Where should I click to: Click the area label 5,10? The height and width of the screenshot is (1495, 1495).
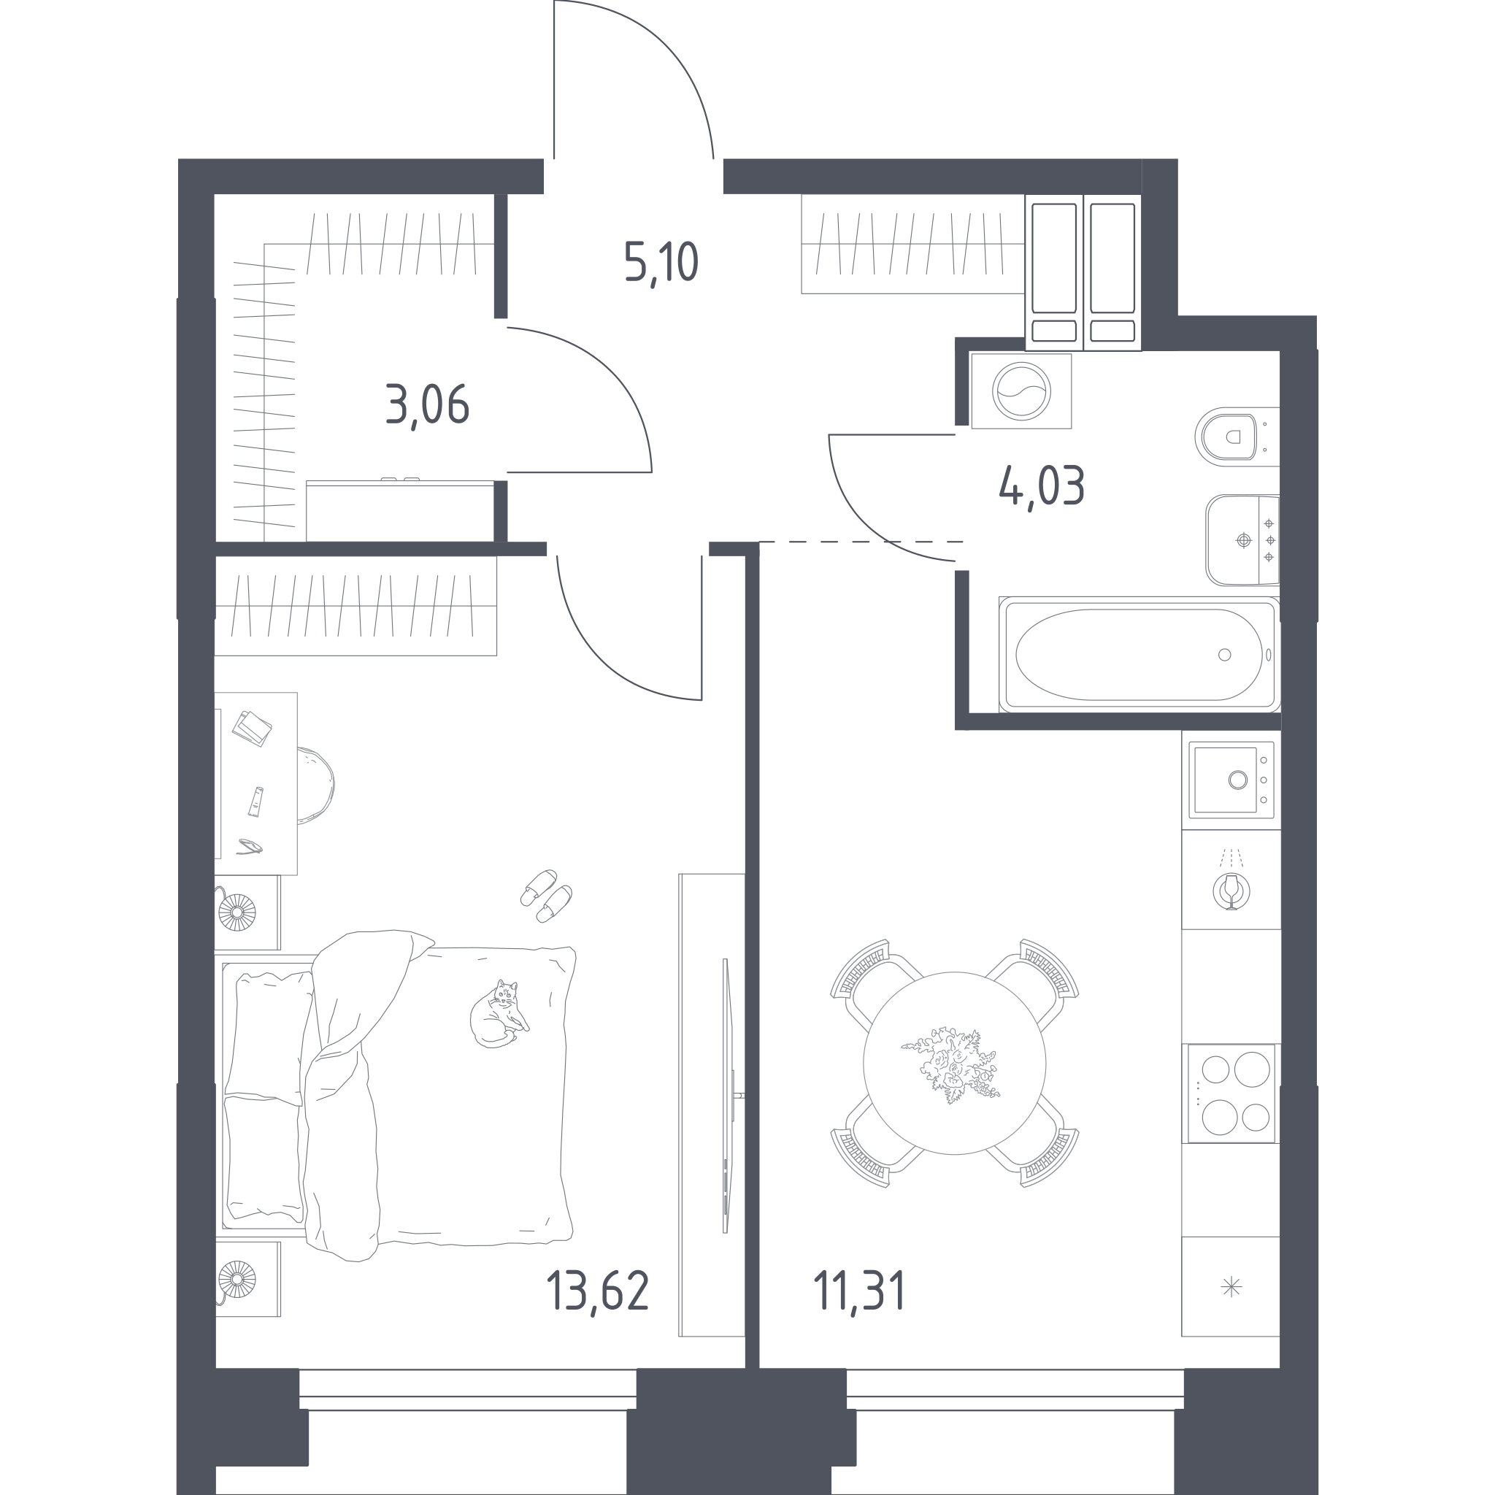click(x=661, y=262)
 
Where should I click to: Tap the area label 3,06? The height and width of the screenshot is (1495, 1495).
click(x=427, y=405)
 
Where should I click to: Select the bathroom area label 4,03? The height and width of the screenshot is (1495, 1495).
click(x=1042, y=487)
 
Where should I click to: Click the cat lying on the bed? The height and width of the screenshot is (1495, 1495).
click(x=499, y=1014)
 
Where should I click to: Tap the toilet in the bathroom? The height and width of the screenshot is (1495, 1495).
click(x=1235, y=437)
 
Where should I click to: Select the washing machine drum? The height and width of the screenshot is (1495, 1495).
click(x=1021, y=391)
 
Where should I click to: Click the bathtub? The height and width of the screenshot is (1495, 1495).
click(x=1138, y=654)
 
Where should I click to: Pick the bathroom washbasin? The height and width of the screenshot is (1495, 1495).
click(x=1242, y=540)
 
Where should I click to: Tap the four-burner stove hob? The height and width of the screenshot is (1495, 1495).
click(x=1231, y=1093)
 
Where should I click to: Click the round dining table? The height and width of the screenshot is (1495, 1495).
click(x=954, y=1063)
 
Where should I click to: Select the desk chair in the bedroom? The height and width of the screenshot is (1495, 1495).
click(x=315, y=785)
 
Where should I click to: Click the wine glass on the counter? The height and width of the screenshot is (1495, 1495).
click(x=1231, y=891)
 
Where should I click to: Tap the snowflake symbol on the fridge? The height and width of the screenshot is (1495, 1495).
click(x=1231, y=1287)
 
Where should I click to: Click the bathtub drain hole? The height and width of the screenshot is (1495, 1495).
click(x=1224, y=655)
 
